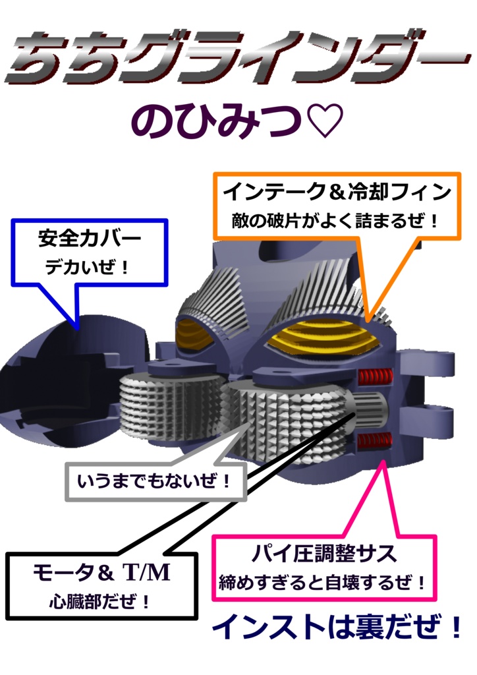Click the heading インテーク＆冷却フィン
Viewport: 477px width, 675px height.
tap(337, 192)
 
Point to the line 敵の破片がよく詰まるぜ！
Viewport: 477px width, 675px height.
tap(335, 221)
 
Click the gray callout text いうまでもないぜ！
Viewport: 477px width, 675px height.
tap(155, 483)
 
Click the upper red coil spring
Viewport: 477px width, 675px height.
tap(375, 377)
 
